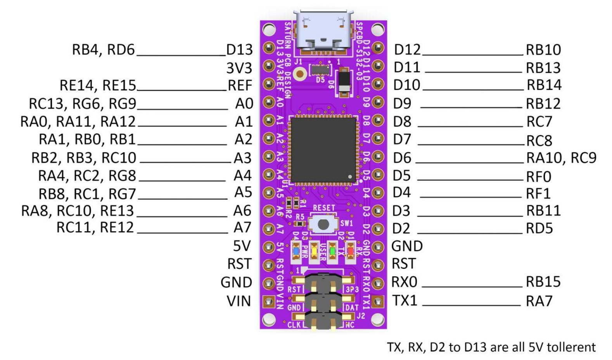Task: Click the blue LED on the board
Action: click(296, 251)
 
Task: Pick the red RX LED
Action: click(351, 251)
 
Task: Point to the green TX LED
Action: click(332, 251)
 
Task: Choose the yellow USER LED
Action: click(314, 251)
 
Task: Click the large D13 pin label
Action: click(240, 50)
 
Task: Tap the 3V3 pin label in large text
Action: click(239, 68)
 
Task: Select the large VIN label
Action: click(239, 301)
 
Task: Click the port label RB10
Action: click(543, 50)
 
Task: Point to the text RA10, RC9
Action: click(561, 158)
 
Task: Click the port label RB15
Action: click(543, 282)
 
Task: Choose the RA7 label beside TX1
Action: click(539, 301)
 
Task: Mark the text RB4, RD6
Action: click(103, 50)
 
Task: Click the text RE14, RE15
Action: click(98, 85)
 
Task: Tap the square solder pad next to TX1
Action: click(377, 301)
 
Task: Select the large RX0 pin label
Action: click(404, 282)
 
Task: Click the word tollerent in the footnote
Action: click(569, 347)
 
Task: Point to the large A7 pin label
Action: click(243, 228)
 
